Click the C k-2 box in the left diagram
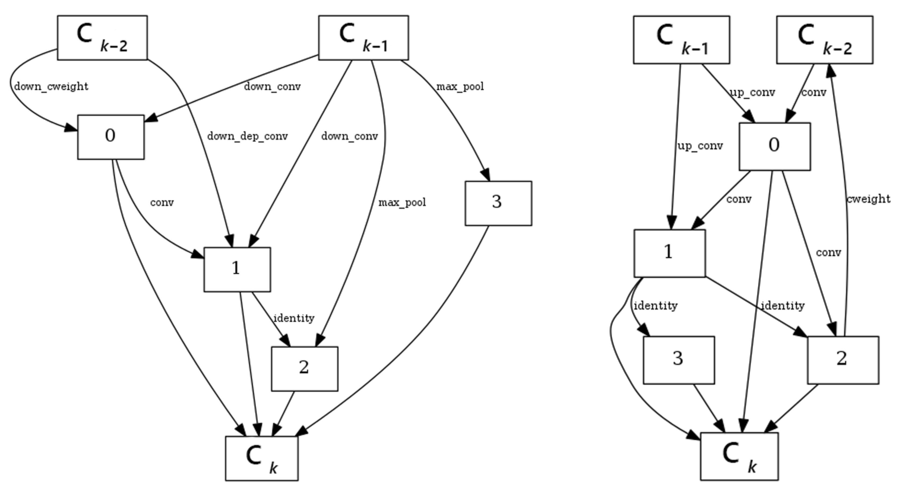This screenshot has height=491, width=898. click(102, 38)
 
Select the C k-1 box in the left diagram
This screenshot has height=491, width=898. click(363, 38)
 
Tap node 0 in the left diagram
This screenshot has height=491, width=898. click(111, 137)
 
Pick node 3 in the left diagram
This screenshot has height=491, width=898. click(498, 203)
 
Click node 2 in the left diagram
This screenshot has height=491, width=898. click(304, 369)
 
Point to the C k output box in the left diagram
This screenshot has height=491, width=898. click(261, 458)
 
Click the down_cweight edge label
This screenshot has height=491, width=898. click(51, 86)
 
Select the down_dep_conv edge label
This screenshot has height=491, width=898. click(247, 136)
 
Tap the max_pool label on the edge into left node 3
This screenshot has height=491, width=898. click(460, 86)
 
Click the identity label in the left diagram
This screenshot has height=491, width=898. click(294, 318)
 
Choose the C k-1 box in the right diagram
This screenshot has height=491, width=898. click(681, 40)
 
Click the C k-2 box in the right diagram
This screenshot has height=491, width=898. click(825, 40)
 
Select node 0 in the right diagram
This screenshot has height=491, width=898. click(775, 146)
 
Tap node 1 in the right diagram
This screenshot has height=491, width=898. click(669, 253)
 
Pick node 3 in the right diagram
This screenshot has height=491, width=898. click(678, 360)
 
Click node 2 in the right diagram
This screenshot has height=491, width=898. click(843, 360)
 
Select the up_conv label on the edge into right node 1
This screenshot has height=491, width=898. click(700, 146)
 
